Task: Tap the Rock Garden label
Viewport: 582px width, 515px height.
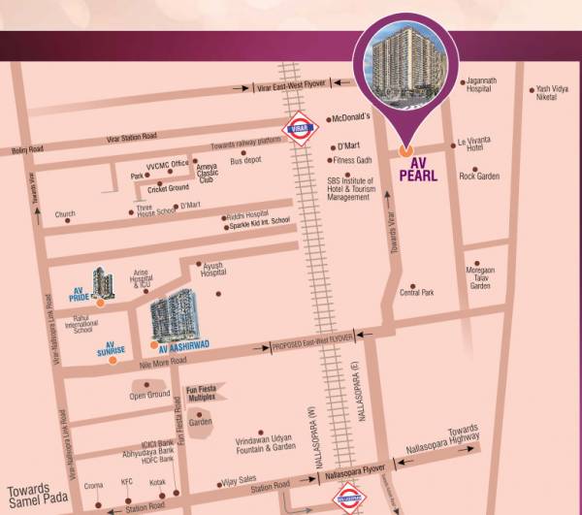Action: (478, 176)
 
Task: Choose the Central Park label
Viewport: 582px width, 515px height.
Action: (416, 292)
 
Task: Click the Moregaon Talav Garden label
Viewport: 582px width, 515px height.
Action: (481, 279)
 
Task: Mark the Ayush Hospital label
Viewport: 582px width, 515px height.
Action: (213, 269)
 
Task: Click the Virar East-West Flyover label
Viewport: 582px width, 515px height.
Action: (292, 88)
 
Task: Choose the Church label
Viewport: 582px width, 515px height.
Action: (65, 214)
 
